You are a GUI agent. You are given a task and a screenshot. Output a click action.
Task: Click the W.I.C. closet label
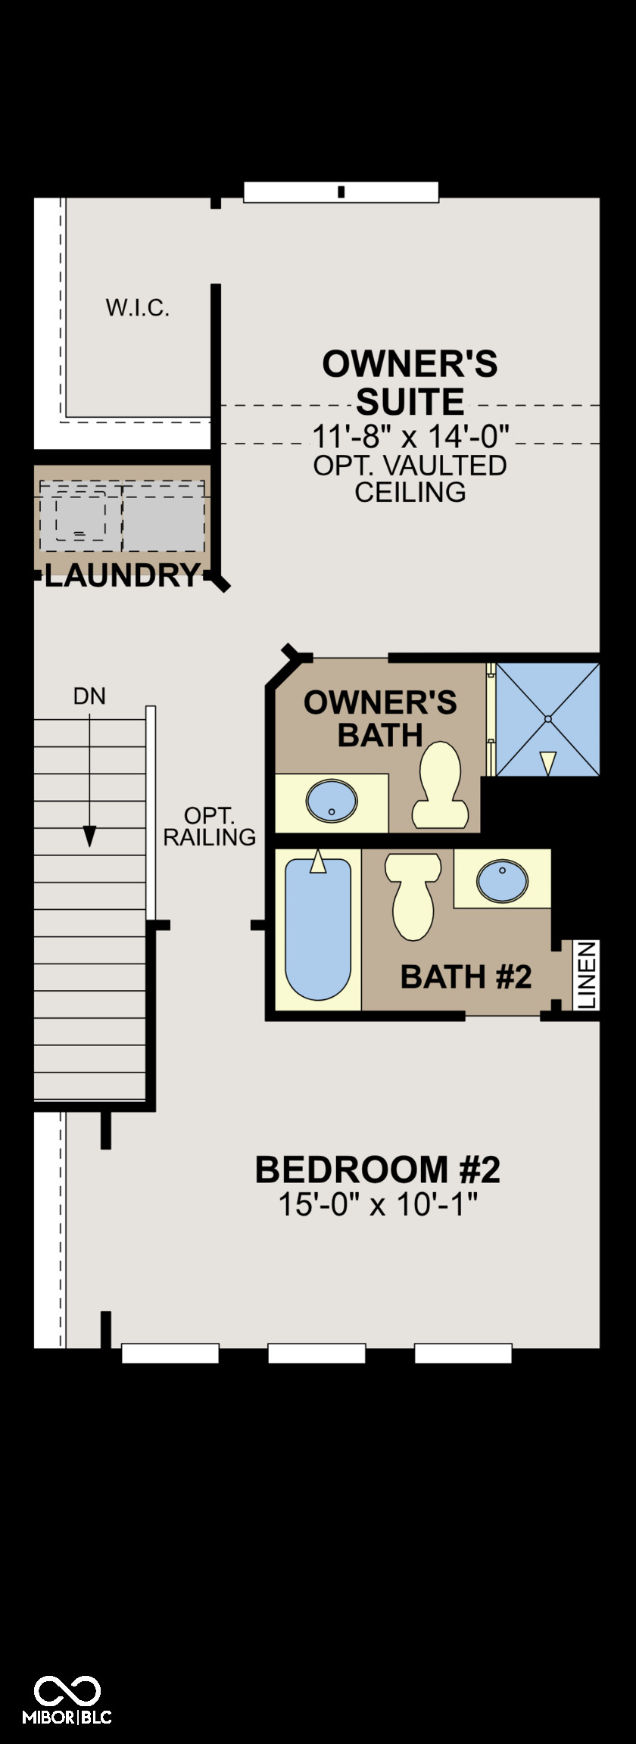tap(137, 308)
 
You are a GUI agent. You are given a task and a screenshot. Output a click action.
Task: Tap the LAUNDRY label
tap(122, 577)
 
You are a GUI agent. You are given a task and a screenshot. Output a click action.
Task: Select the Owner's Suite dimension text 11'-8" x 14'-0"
tap(410, 436)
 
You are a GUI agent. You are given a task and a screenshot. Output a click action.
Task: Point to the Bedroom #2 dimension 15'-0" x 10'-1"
tap(379, 1204)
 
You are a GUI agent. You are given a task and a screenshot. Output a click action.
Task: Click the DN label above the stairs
tap(89, 696)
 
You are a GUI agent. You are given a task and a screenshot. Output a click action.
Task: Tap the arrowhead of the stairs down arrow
tap(89, 836)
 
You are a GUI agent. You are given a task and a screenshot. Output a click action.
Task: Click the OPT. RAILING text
tap(210, 827)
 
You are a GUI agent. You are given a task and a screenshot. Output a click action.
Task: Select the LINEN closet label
tap(588, 975)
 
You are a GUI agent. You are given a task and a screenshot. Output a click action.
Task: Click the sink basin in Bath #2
tap(502, 880)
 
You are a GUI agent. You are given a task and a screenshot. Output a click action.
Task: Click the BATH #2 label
tap(466, 976)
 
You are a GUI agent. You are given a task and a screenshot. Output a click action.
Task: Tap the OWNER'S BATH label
tap(380, 718)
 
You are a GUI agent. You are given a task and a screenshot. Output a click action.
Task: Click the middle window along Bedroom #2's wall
tap(317, 1353)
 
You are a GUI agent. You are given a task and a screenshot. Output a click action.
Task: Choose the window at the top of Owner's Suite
tap(341, 192)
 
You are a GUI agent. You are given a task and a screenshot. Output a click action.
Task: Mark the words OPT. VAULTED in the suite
tap(410, 466)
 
